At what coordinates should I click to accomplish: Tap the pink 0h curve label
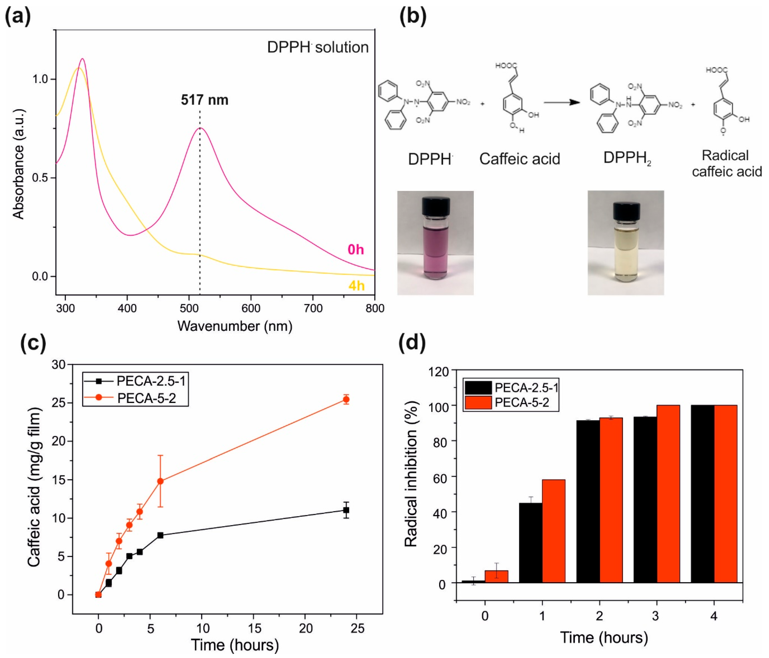pyautogui.click(x=355, y=249)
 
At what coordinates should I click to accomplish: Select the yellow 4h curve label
pyautogui.click(x=356, y=286)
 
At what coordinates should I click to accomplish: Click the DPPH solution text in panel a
pyautogui.click(x=318, y=48)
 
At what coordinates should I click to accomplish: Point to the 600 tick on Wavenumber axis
pyautogui.click(x=251, y=308)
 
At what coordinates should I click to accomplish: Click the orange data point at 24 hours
pyautogui.click(x=346, y=399)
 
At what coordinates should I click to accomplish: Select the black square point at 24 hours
pyautogui.click(x=346, y=510)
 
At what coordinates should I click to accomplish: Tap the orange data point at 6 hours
pyautogui.click(x=160, y=481)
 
